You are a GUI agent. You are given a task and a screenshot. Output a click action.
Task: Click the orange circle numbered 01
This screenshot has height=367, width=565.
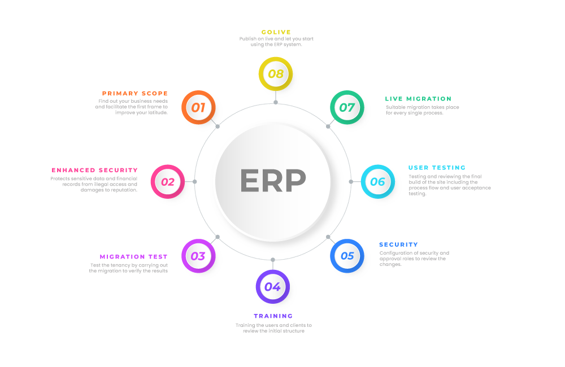point(198,107)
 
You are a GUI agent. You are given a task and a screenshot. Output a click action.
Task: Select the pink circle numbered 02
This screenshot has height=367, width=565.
point(168,182)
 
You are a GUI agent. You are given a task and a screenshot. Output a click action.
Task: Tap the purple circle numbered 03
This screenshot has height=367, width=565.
point(198,256)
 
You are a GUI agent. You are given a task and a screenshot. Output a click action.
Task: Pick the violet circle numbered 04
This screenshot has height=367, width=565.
point(272,287)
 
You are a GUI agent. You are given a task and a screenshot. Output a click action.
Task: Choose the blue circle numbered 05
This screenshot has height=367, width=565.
point(347,256)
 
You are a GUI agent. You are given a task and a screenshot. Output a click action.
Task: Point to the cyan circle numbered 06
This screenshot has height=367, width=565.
point(377,182)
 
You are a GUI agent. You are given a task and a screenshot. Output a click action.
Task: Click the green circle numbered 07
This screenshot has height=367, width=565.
point(347,107)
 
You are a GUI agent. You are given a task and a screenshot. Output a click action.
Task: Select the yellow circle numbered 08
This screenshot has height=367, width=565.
point(275,74)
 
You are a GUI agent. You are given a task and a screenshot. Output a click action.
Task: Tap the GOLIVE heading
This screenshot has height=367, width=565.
point(276,32)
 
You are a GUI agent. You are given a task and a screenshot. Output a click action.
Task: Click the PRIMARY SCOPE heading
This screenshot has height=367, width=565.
point(135,93)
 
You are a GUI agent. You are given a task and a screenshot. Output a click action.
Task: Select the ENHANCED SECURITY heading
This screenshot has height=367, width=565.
point(95,170)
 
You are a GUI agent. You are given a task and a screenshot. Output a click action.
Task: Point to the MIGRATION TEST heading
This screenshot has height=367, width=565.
point(134,257)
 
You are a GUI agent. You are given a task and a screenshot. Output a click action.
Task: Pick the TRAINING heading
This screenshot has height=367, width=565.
point(273,316)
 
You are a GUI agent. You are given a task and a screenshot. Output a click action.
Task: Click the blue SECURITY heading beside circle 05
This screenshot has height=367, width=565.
point(398,244)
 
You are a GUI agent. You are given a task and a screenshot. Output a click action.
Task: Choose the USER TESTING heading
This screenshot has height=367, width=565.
point(437,168)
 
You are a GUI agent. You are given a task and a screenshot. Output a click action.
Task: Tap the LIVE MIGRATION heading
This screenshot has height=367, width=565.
point(418,99)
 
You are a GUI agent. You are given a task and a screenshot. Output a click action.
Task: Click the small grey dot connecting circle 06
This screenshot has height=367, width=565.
point(351,182)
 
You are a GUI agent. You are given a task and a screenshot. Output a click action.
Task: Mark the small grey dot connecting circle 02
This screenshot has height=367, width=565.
point(195,182)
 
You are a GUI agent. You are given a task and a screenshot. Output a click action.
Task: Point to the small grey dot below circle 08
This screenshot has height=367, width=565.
point(275,102)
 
